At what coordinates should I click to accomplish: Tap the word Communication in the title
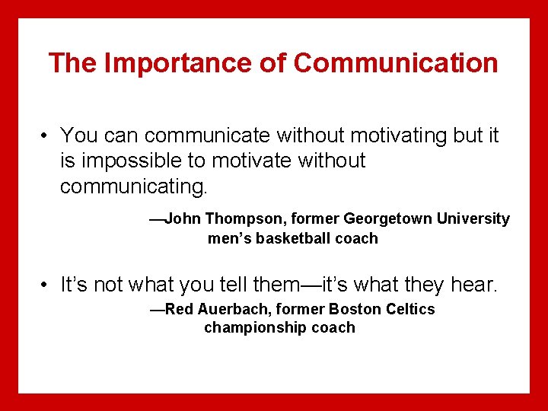click(396, 63)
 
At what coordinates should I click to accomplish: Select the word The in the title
click(73, 63)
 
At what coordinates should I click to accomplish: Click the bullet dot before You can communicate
click(46, 136)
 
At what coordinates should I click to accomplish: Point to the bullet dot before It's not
click(46, 285)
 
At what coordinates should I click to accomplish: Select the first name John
click(183, 219)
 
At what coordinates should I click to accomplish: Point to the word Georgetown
click(387, 219)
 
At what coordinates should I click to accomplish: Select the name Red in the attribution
click(180, 309)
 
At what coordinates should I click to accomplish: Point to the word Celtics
click(412, 309)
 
